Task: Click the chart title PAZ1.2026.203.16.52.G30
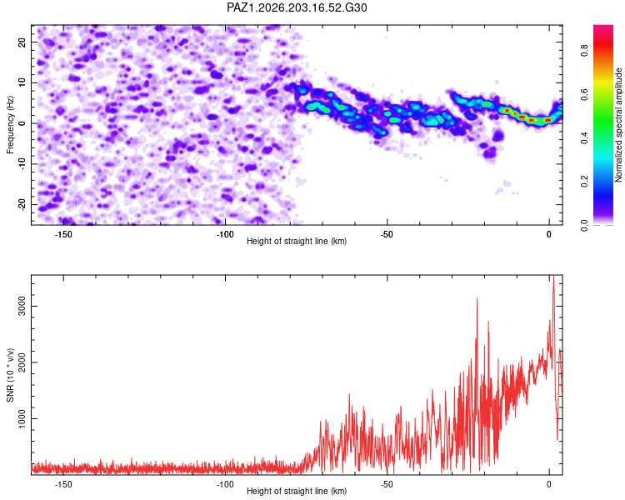tap(297, 7)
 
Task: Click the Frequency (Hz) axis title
tap(10, 125)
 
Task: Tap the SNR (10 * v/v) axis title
tap(10, 375)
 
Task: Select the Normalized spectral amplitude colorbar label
tap(618, 125)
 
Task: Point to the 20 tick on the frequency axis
tap(22, 42)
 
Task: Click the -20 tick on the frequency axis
tap(22, 204)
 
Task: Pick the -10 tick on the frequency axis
tap(22, 164)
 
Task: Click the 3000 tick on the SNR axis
tap(22, 306)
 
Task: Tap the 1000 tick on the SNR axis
tap(22, 418)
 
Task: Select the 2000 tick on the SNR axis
tap(22, 362)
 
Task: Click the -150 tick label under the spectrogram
tap(63, 234)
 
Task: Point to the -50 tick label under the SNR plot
tap(387, 484)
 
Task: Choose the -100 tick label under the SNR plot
tap(225, 484)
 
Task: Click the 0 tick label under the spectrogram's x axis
tap(549, 234)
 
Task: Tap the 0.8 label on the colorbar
tap(584, 51)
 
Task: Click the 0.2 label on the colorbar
tap(584, 181)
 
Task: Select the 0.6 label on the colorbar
tap(584, 94)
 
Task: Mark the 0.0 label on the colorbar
tap(584, 225)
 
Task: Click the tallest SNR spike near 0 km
tap(553, 277)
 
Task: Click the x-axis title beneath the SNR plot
tap(297, 491)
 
